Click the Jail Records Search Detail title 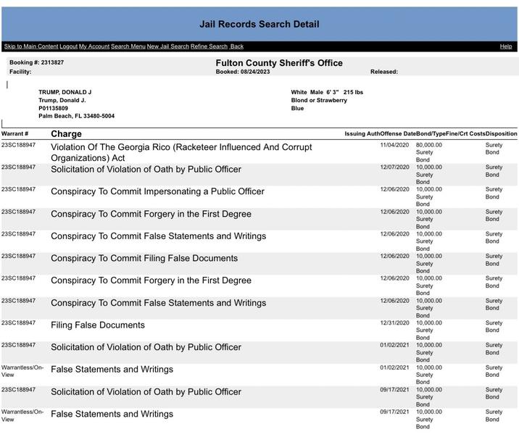click(x=259, y=24)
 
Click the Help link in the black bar click(x=506, y=46)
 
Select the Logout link click(x=68, y=46)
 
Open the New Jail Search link click(x=167, y=46)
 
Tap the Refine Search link click(x=209, y=46)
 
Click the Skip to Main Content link click(x=31, y=46)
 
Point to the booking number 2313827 click(x=51, y=63)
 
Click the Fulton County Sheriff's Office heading click(x=279, y=63)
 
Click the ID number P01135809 click(x=53, y=108)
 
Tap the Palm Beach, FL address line click(x=76, y=116)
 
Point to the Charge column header click(x=66, y=134)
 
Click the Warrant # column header click(x=15, y=134)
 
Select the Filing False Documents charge click(x=98, y=325)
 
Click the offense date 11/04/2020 click(x=394, y=145)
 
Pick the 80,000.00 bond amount click(x=428, y=145)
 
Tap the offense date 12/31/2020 click(x=394, y=323)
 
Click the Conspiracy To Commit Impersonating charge click(x=157, y=192)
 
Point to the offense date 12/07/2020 click(x=394, y=167)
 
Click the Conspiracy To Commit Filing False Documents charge click(x=144, y=259)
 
